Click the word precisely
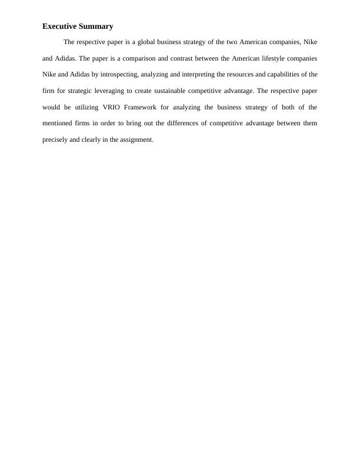pos(55,141)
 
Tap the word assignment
pos(138,141)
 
